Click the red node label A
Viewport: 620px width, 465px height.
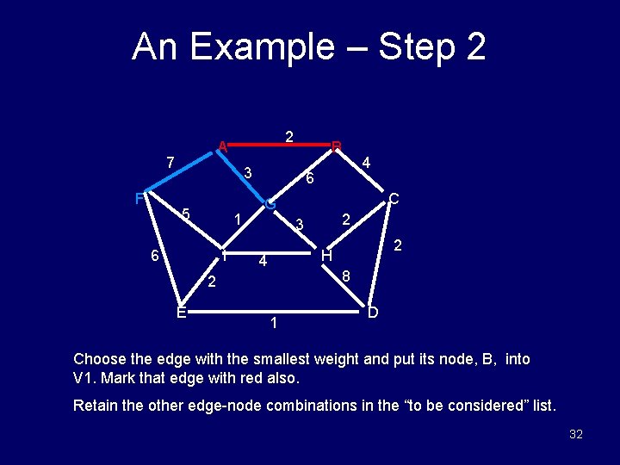222,146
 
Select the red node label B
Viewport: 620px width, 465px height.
338,146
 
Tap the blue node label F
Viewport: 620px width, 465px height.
139,199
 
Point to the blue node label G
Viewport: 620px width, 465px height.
270,205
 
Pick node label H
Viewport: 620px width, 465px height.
326,256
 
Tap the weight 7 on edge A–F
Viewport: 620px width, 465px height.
170,162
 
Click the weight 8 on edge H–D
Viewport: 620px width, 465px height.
345,277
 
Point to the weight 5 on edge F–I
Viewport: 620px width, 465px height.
184,214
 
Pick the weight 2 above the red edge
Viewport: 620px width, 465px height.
290,136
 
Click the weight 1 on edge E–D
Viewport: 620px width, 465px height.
273,324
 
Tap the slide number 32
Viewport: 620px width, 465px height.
576,434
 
